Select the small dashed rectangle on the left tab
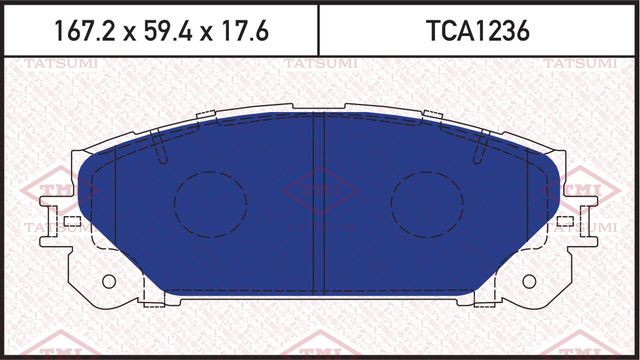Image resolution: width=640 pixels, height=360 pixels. (71, 221)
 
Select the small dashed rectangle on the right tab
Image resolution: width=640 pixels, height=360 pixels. (566, 221)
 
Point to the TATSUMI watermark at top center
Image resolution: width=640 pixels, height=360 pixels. (317, 64)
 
